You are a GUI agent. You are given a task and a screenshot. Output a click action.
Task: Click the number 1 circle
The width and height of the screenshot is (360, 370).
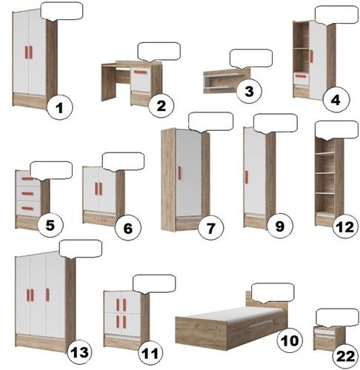click(59, 107)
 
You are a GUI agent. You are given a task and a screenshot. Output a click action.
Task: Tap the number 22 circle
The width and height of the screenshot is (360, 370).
click(345, 356)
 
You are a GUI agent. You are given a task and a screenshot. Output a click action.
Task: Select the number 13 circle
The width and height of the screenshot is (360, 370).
click(79, 351)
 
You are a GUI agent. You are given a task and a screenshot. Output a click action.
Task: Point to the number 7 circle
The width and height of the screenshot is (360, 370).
click(210, 227)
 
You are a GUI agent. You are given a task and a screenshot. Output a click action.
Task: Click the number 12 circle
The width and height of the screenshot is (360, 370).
click(345, 226)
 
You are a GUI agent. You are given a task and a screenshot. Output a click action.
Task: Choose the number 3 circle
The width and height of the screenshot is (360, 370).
click(249, 91)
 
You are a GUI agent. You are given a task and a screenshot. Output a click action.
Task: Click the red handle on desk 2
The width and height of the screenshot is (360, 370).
click(140, 73)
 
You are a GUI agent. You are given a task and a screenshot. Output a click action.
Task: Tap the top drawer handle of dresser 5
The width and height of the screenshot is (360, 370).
click(27, 179)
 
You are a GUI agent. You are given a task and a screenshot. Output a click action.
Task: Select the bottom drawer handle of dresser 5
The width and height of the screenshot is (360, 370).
click(27, 209)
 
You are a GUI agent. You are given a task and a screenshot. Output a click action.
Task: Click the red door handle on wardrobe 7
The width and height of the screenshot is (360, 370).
click(179, 172)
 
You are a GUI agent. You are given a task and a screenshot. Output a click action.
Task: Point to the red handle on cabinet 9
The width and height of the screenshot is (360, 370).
click(247, 177)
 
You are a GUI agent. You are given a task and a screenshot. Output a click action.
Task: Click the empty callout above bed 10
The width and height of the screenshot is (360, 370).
click(273, 293)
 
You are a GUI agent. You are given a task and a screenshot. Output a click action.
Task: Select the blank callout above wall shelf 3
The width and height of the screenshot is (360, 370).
click(251, 58)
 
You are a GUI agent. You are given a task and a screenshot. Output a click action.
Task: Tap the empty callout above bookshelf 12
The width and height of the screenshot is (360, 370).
click(336, 130)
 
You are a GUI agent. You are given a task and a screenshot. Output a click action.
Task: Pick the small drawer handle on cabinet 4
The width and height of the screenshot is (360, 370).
click(301, 76)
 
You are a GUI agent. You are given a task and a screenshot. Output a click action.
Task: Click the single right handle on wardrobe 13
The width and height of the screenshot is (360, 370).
click(47, 295)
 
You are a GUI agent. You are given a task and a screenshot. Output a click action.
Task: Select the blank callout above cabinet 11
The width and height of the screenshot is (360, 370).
click(154, 284)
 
